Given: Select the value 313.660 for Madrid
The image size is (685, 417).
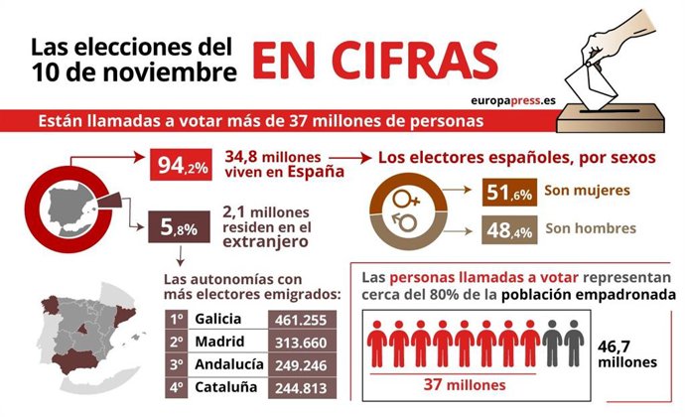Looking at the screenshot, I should coord(307,342).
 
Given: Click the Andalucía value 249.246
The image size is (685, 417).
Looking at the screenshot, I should coord(307,364).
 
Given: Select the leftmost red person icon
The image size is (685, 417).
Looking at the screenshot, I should coord(377,344).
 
